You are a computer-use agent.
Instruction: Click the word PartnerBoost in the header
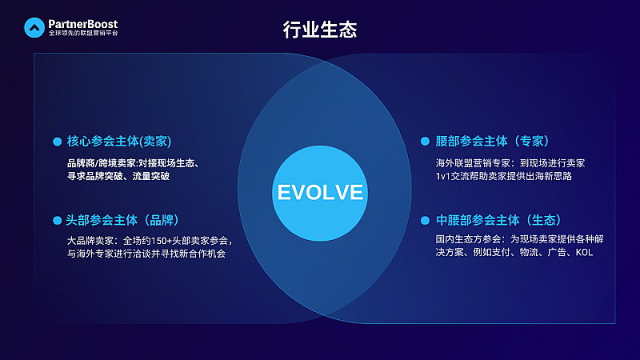point(83,24)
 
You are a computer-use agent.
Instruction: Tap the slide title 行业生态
point(320,30)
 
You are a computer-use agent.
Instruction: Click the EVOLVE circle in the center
point(320,193)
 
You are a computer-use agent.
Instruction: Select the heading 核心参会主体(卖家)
point(119,142)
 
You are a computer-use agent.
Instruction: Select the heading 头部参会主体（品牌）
point(122,220)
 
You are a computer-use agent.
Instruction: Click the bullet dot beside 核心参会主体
point(57,142)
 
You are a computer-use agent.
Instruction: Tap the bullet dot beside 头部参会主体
point(57,220)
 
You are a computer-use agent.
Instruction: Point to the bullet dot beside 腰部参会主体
point(426,142)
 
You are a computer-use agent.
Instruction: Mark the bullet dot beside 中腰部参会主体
point(426,220)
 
